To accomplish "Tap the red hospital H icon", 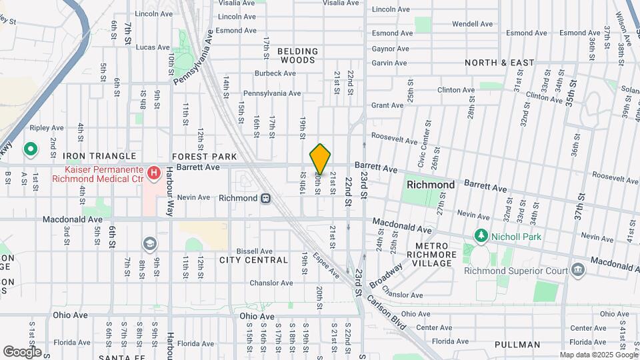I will (154, 173).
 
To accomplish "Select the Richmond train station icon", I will (265, 198).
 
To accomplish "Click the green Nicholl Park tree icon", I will (480, 236).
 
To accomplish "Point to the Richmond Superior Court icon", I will (577, 270).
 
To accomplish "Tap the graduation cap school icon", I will (149, 244).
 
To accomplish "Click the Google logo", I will (22, 351).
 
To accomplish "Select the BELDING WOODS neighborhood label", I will (297, 55).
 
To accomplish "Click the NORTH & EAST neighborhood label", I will (499, 63).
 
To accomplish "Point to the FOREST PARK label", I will (204, 156).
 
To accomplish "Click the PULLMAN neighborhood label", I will (517, 345).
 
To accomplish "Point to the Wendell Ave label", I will (472, 24).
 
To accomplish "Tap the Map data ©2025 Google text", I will (597, 355).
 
